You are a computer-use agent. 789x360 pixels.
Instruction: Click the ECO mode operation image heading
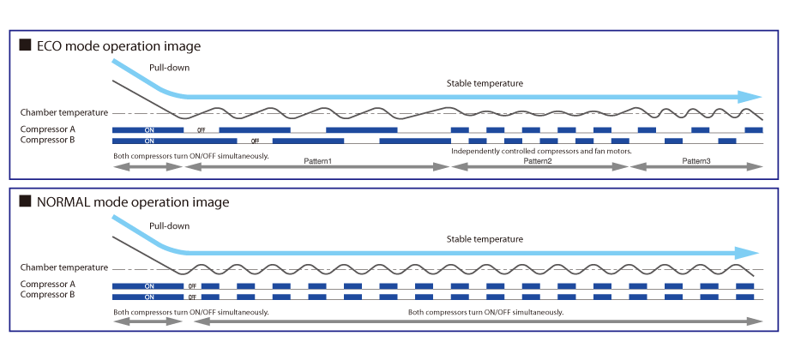(x=121, y=45)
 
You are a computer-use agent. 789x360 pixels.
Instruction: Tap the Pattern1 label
(x=317, y=161)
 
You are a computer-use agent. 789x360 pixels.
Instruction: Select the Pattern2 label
(x=538, y=161)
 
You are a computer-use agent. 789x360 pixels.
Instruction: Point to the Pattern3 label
(x=696, y=161)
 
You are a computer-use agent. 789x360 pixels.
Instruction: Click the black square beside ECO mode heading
(x=25, y=45)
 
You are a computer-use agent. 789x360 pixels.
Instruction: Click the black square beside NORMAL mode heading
(x=25, y=202)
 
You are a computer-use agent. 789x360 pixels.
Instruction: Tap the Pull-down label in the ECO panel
(x=169, y=67)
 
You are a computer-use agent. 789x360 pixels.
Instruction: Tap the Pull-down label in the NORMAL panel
(x=169, y=225)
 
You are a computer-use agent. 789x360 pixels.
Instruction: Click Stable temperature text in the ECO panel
(x=485, y=83)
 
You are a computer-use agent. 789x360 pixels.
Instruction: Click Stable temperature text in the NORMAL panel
(x=485, y=239)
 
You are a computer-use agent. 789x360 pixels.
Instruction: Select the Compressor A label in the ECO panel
(x=48, y=129)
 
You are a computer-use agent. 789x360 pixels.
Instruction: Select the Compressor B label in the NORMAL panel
(x=48, y=295)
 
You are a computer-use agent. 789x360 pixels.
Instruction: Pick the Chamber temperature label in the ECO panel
(x=64, y=112)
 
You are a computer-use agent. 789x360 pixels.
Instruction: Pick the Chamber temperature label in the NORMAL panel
(x=64, y=267)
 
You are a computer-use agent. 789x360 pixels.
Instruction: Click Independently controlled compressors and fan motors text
(x=541, y=151)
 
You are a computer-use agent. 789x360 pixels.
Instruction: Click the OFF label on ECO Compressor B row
(x=255, y=140)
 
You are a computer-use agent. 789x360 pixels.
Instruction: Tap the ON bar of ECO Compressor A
(x=148, y=129)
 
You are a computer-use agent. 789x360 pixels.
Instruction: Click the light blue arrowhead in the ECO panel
(x=751, y=96)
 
